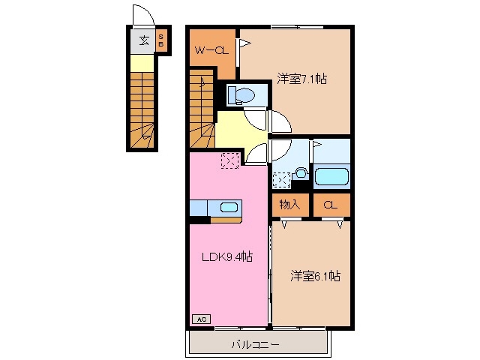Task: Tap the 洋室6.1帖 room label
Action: click(316, 276)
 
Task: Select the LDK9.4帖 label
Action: click(226, 256)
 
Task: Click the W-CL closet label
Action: click(211, 51)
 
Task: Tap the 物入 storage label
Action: click(289, 204)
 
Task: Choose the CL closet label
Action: click(330, 204)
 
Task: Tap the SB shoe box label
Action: click(160, 43)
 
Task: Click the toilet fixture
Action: click(241, 95)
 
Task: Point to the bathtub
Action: click(330, 178)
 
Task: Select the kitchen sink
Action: click(229, 207)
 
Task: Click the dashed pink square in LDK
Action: click(229, 159)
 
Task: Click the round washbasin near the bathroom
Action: click(301, 172)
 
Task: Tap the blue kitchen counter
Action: click(203, 207)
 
